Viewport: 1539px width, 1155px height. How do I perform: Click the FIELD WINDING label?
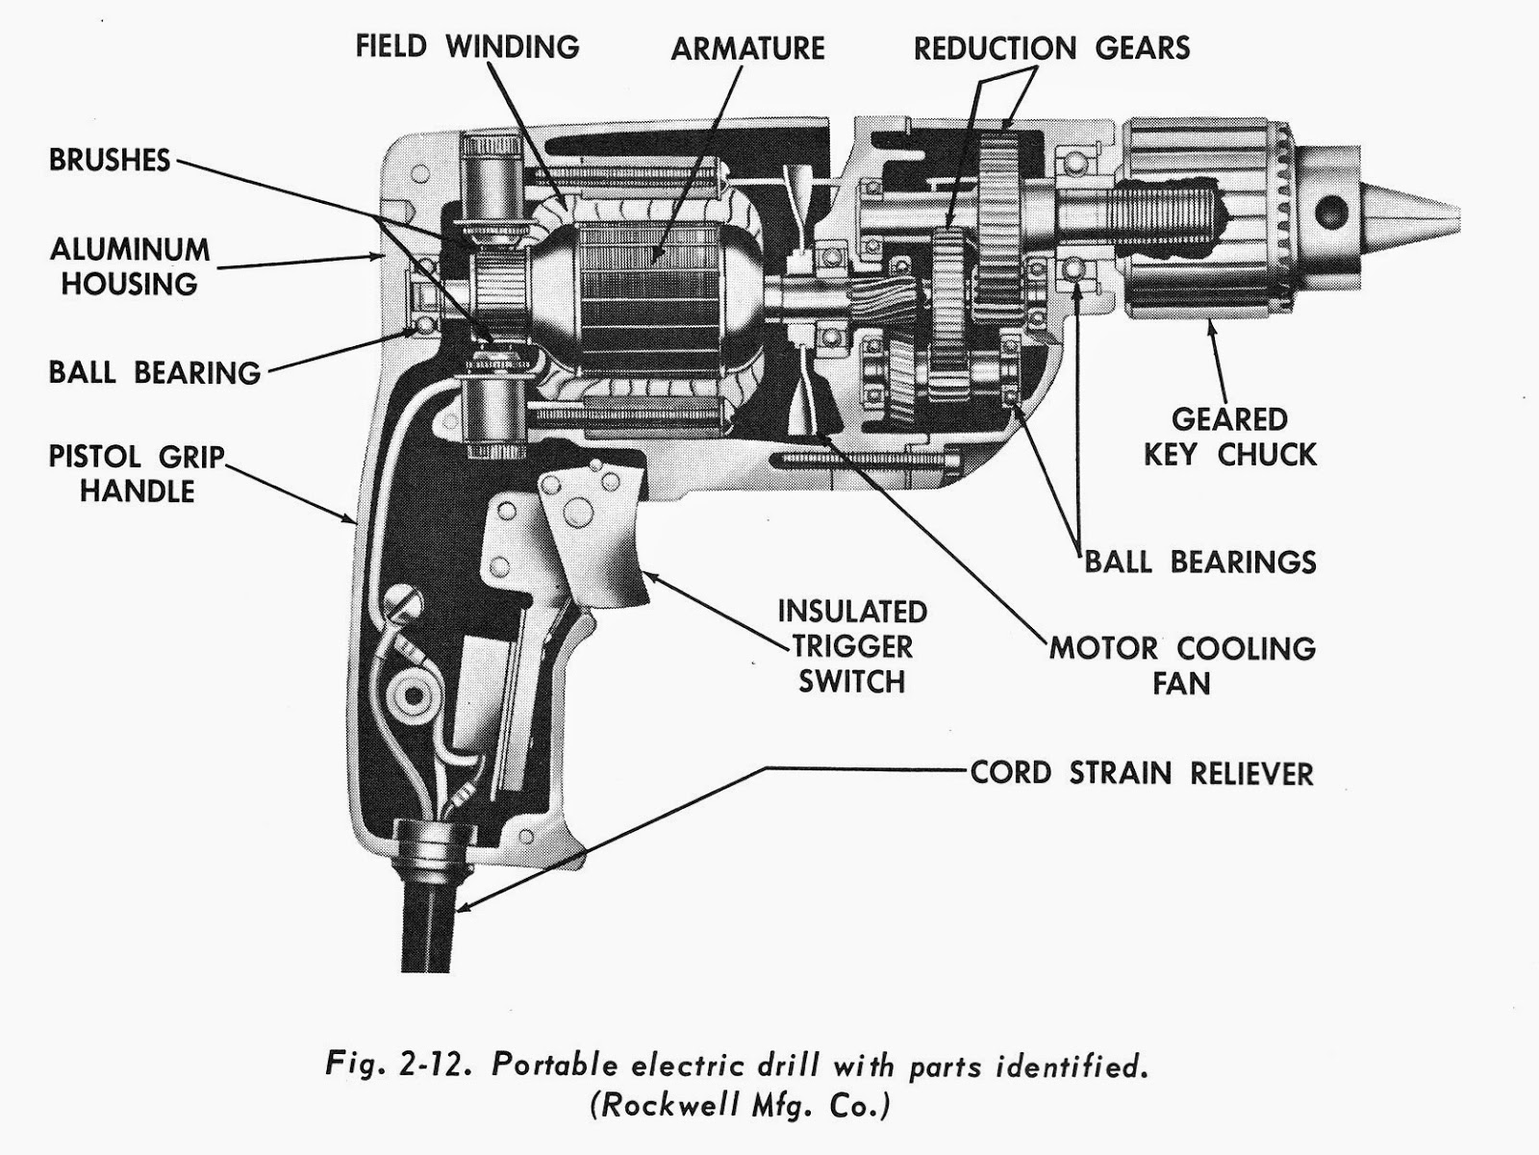point(467,46)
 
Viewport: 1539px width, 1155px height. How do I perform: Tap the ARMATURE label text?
point(747,48)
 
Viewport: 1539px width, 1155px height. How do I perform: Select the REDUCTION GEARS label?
point(1051,48)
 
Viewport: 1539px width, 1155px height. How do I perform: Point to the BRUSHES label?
point(110,160)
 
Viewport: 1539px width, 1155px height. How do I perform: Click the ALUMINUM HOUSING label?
point(130,266)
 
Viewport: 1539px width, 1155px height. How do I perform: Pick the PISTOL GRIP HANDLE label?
point(137,473)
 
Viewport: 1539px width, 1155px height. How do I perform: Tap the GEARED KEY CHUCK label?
point(1229,437)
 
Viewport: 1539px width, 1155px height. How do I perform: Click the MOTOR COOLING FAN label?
point(1182,665)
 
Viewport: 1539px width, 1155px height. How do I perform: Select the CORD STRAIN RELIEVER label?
point(1142,772)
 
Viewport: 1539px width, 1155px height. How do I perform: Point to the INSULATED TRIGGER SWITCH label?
point(851,646)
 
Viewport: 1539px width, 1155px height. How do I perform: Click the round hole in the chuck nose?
point(1331,209)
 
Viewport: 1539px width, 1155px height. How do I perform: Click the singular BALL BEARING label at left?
point(155,372)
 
